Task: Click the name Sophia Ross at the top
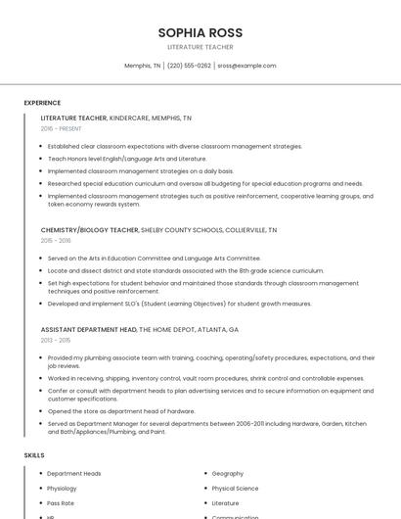tap(200, 32)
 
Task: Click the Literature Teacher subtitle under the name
tap(200, 47)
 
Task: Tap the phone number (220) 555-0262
tap(189, 66)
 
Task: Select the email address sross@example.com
tap(246, 66)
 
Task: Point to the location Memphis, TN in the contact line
tap(142, 66)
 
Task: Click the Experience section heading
tap(42, 103)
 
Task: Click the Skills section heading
tap(34, 455)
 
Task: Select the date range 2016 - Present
tap(61, 128)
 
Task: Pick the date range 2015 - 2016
tap(56, 240)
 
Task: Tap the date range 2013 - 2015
tap(56, 340)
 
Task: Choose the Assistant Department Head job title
tap(88, 330)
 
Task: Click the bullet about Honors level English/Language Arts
tap(127, 158)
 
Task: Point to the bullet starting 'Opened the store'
tap(121, 411)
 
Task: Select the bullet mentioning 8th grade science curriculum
tap(186, 270)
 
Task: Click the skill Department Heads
tap(74, 474)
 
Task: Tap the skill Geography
tap(227, 474)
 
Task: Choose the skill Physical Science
tap(235, 489)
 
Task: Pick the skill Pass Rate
tap(61, 503)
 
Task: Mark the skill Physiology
tap(62, 489)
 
